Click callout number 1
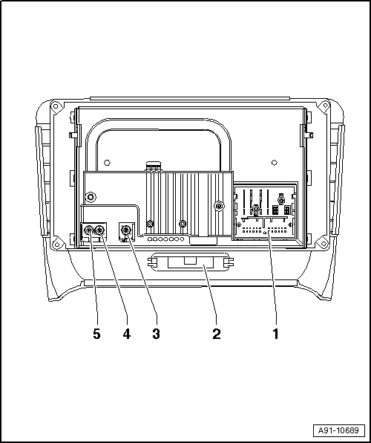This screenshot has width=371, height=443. (x=275, y=334)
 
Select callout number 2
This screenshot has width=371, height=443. (x=217, y=334)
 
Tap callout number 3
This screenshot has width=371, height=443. (x=156, y=334)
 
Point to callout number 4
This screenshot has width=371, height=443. (x=127, y=334)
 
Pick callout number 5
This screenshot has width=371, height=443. (x=96, y=334)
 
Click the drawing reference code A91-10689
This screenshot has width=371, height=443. (x=338, y=430)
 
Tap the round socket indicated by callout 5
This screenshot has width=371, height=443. (x=88, y=230)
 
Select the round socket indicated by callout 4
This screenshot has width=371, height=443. (x=99, y=230)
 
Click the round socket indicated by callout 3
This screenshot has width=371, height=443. (x=126, y=230)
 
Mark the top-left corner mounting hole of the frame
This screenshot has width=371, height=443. (x=56, y=106)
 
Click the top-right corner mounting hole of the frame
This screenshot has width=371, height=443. (x=325, y=106)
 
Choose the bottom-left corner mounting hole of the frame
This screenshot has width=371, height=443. (x=57, y=242)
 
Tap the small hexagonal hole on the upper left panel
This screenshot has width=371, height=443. (x=107, y=163)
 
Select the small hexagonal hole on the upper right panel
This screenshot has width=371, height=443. (x=275, y=163)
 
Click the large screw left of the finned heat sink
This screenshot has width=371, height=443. (x=91, y=197)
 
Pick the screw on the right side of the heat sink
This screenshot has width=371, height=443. (x=218, y=205)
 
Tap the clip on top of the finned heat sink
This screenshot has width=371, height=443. (x=153, y=166)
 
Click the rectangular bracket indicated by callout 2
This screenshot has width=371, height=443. (x=191, y=262)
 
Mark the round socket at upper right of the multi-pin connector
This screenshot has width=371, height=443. (x=281, y=201)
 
